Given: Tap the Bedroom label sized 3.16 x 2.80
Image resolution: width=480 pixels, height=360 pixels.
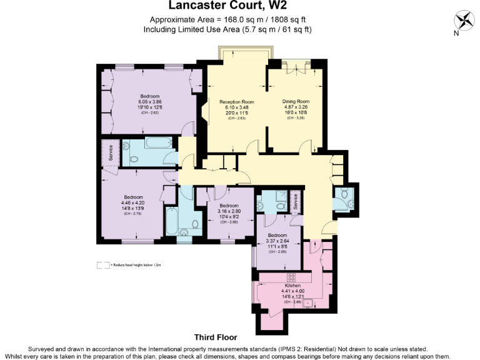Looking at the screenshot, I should pos(228,206).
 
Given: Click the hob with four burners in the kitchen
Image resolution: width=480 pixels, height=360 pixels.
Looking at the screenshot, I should pos(291,276).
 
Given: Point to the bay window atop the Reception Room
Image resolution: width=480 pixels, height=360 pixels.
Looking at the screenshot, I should pos(244,51).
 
